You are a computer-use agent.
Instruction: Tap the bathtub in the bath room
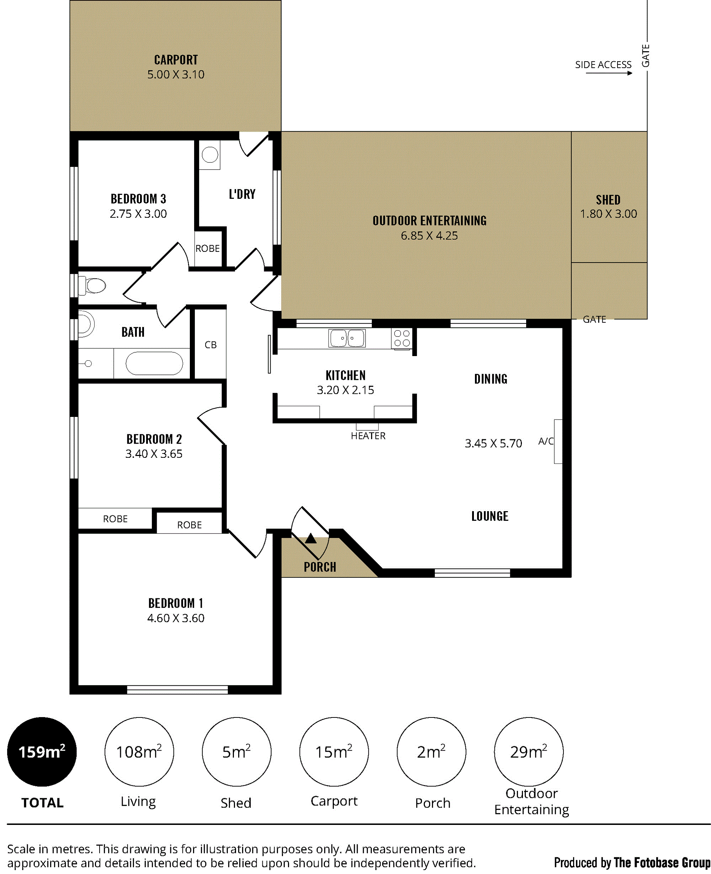tap(154, 363)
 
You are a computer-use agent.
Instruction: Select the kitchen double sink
tap(347, 338)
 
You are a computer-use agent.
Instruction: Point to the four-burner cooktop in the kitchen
tap(402, 338)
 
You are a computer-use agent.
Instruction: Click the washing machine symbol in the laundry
tap(210, 155)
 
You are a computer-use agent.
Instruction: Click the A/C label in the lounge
tap(546, 441)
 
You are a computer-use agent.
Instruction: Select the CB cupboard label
tap(210, 345)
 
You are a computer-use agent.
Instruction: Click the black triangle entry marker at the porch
tap(311, 538)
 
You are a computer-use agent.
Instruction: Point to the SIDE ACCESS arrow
tap(609, 73)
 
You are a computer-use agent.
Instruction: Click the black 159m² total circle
tap(42, 752)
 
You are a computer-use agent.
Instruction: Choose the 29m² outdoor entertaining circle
tap(529, 752)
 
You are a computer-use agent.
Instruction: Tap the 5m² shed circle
tap(237, 752)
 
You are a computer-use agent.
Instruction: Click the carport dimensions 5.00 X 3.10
tap(176, 75)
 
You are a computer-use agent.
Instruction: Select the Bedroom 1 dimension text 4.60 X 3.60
tap(176, 618)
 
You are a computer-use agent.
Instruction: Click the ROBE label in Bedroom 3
tap(208, 249)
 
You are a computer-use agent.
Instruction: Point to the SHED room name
tap(608, 200)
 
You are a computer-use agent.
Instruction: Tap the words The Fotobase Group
tap(662, 863)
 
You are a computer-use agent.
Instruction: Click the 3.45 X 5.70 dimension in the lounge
tap(493, 443)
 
